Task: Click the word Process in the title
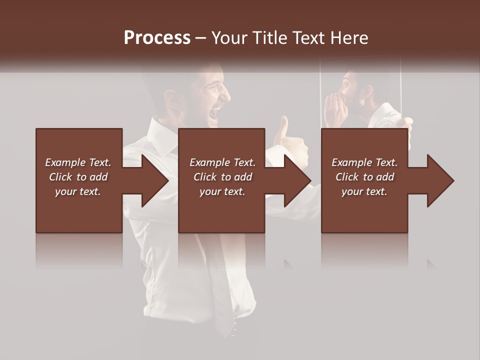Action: pos(157,38)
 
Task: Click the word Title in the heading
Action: pos(269,38)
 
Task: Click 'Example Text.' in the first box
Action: pos(78,162)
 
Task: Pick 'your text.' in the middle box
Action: pos(222,191)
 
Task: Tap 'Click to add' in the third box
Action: pos(364,177)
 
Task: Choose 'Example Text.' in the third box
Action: pos(364,162)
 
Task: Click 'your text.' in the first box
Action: pos(78,191)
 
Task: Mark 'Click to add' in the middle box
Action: pos(222,177)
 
